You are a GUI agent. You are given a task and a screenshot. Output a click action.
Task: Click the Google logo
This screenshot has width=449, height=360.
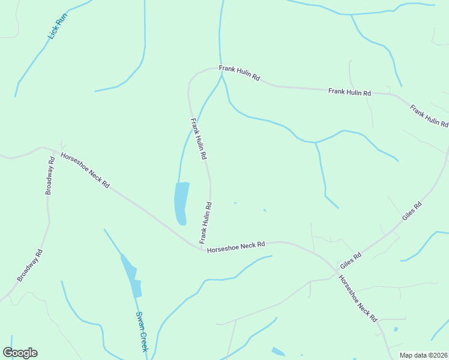pyautogui.click(x=20, y=353)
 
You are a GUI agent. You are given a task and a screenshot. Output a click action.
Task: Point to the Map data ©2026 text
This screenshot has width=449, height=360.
pyautogui.click(x=423, y=355)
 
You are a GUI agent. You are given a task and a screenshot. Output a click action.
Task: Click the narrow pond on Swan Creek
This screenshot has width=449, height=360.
pyautogui.click(x=133, y=277)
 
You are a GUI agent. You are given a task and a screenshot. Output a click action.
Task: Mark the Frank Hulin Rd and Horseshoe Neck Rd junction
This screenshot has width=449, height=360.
pyautogui.click(x=202, y=248)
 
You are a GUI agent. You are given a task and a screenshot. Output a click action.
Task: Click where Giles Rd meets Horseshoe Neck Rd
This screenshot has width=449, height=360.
pyautogui.click(x=338, y=271)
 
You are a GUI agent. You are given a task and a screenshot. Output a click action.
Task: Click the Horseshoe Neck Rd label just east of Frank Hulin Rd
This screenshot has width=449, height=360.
pyautogui.click(x=236, y=247)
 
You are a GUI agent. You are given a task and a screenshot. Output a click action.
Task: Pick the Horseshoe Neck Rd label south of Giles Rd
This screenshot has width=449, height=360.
pyautogui.click(x=358, y=298)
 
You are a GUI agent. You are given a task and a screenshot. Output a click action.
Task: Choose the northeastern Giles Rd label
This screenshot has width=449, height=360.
pyautogui.click(x=412, y=214)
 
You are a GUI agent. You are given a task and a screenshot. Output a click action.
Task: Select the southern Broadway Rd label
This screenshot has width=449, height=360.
pyautogui.click(x=31, y=265)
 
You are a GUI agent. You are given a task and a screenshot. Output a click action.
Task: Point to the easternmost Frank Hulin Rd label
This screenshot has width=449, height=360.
pyautogui.click(x=429, y=116)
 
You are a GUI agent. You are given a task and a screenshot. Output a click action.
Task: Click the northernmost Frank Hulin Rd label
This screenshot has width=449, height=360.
pyautogui.click(x=239, y=74)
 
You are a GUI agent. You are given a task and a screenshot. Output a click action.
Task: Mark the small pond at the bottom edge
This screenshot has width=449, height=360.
pyautogui.click(x=278, y=352)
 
